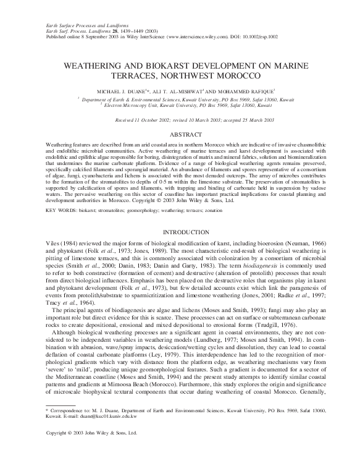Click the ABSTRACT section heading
(180, 133)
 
